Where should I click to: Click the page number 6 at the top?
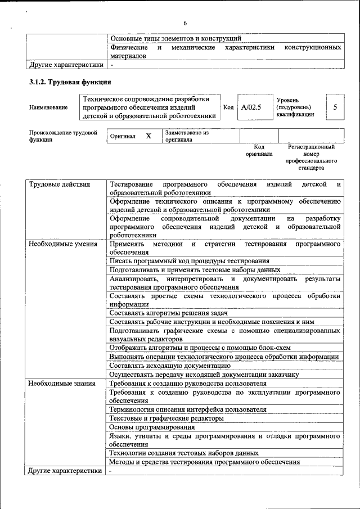tap(184, 23)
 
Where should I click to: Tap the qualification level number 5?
tap(335, 107)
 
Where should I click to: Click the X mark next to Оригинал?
tap(148, 136)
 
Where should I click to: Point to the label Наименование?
tap(49, 107)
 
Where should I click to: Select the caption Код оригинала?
tap(259, 150)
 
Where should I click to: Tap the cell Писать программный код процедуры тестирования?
tap(190, 261)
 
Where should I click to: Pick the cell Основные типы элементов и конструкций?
tap(176, 39)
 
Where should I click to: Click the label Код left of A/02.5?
tap(228, 107)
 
